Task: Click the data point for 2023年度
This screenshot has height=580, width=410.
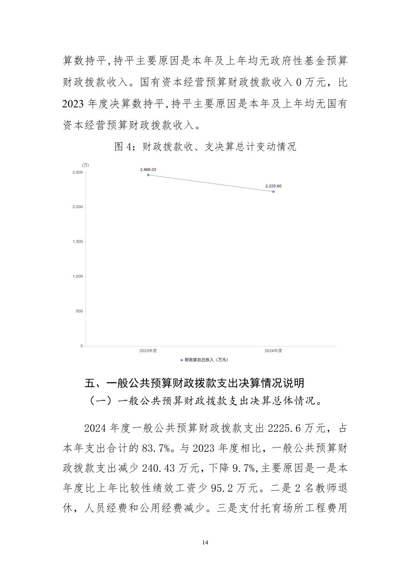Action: coord(148,175)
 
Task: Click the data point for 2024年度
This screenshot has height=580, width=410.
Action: coord(273,192)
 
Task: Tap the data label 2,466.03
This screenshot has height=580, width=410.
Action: coord(148,169)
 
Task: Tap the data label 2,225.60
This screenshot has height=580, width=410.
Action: coord(273,186)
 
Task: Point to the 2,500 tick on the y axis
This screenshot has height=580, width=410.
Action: coord(77,172)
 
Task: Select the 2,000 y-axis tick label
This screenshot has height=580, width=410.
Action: coord(77,207)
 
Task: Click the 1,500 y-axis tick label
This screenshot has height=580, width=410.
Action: coord(77,242)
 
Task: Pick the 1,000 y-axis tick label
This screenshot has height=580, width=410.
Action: coord(77,276)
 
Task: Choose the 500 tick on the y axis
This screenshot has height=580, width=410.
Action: coord(79,311)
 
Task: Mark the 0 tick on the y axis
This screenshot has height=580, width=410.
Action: coord(81,346)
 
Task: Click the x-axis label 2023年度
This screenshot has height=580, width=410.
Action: coord(148,351)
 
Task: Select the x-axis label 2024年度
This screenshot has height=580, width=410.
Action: coord(273,351)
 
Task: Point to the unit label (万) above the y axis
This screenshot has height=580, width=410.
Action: coord(86,165)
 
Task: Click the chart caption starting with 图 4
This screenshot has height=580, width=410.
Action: coord(205,147)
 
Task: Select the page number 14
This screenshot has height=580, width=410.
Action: coord(205,542)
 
